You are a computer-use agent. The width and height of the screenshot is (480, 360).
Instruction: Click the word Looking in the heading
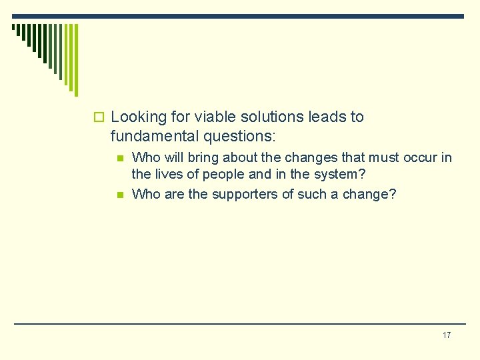138,117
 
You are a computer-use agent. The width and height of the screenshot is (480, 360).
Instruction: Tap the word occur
419,158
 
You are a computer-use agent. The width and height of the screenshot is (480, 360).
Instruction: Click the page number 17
446,335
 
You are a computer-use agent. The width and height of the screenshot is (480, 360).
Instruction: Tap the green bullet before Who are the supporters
120,195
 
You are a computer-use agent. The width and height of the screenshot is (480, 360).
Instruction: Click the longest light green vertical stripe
75,60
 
